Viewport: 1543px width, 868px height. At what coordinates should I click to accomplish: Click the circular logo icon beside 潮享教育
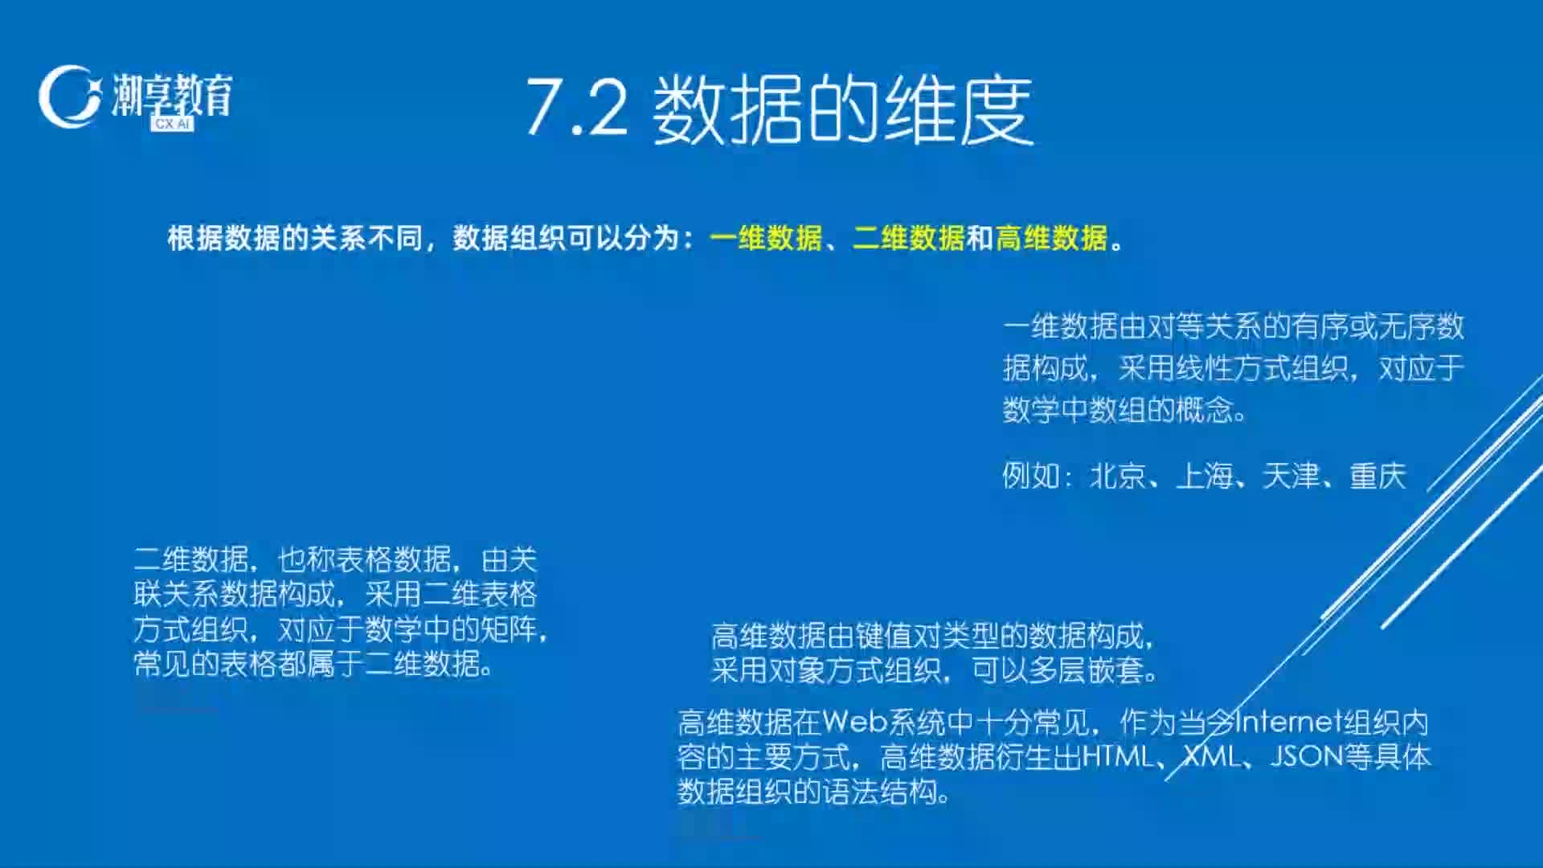coord(70,96)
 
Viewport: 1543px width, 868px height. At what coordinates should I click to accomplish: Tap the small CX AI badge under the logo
coord(172,124)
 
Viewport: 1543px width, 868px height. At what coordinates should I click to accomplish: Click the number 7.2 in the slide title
coord(576,108)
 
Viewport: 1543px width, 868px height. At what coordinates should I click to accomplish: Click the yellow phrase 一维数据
coord(766,238)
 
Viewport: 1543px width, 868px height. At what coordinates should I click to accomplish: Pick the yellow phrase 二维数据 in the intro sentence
coord(908,238)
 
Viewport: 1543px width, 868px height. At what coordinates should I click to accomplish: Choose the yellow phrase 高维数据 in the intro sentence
coord(1051,238)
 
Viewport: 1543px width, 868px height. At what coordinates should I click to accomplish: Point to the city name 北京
coord(1118,476)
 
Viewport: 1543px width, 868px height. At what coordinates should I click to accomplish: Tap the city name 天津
coord(1291,476)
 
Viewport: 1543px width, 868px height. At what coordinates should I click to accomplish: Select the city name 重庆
coord(1378,476)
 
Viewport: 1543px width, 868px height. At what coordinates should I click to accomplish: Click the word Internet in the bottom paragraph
coord(1288,722)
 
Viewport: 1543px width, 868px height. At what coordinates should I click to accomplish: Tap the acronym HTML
coord(1118,756)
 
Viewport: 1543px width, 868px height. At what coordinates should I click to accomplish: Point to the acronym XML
coord(1213,756)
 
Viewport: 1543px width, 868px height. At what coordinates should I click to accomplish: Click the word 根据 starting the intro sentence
coord(195,238)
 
